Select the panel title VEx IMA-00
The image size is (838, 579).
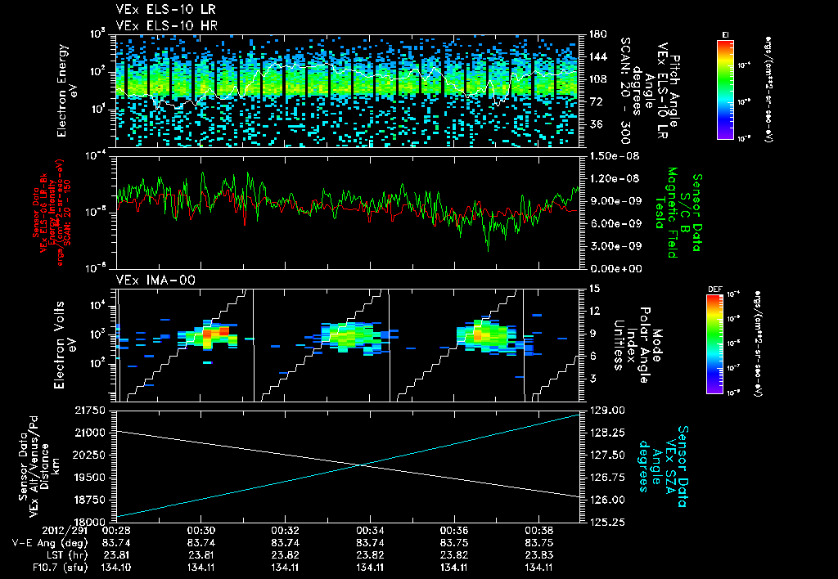[148, 281]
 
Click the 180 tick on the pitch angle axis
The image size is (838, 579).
[596, 34]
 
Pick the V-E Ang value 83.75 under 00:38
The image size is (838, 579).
[538, 542]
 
